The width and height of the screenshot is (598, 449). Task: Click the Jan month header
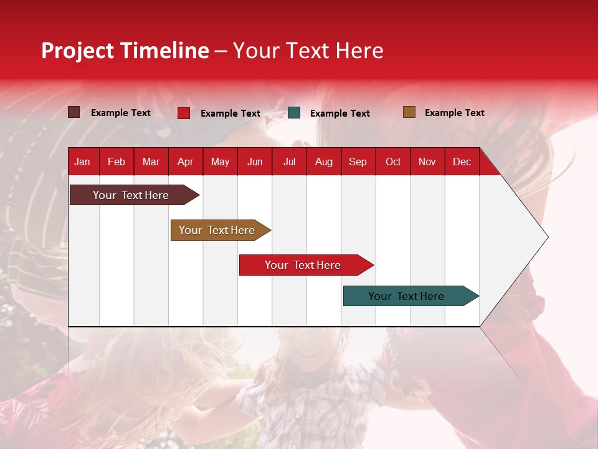(82, 162)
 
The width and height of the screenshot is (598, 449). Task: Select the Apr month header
(186, 162)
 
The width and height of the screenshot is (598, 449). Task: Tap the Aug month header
(324, 162)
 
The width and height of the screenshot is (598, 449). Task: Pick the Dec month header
(462, 162)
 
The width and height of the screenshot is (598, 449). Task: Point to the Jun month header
(255, 162)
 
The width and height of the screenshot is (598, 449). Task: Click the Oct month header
(393, 162)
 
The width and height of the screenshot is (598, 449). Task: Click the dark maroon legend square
(74, 112)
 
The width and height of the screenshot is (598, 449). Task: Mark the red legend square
(184, 113)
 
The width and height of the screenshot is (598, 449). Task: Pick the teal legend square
(294, 113)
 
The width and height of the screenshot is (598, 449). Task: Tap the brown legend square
(409, 112)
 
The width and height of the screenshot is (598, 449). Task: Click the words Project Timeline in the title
(125, 51)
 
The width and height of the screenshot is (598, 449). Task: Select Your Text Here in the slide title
(308, 51)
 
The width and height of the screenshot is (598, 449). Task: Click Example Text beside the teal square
(339, 113)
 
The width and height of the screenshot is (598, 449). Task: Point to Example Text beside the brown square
(454, 113)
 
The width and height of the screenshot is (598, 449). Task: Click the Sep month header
(358, 162)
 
